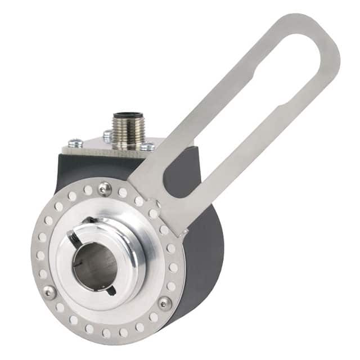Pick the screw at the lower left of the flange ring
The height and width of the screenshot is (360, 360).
[x=49, y=291]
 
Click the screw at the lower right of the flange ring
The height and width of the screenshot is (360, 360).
[x=164, y=303]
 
